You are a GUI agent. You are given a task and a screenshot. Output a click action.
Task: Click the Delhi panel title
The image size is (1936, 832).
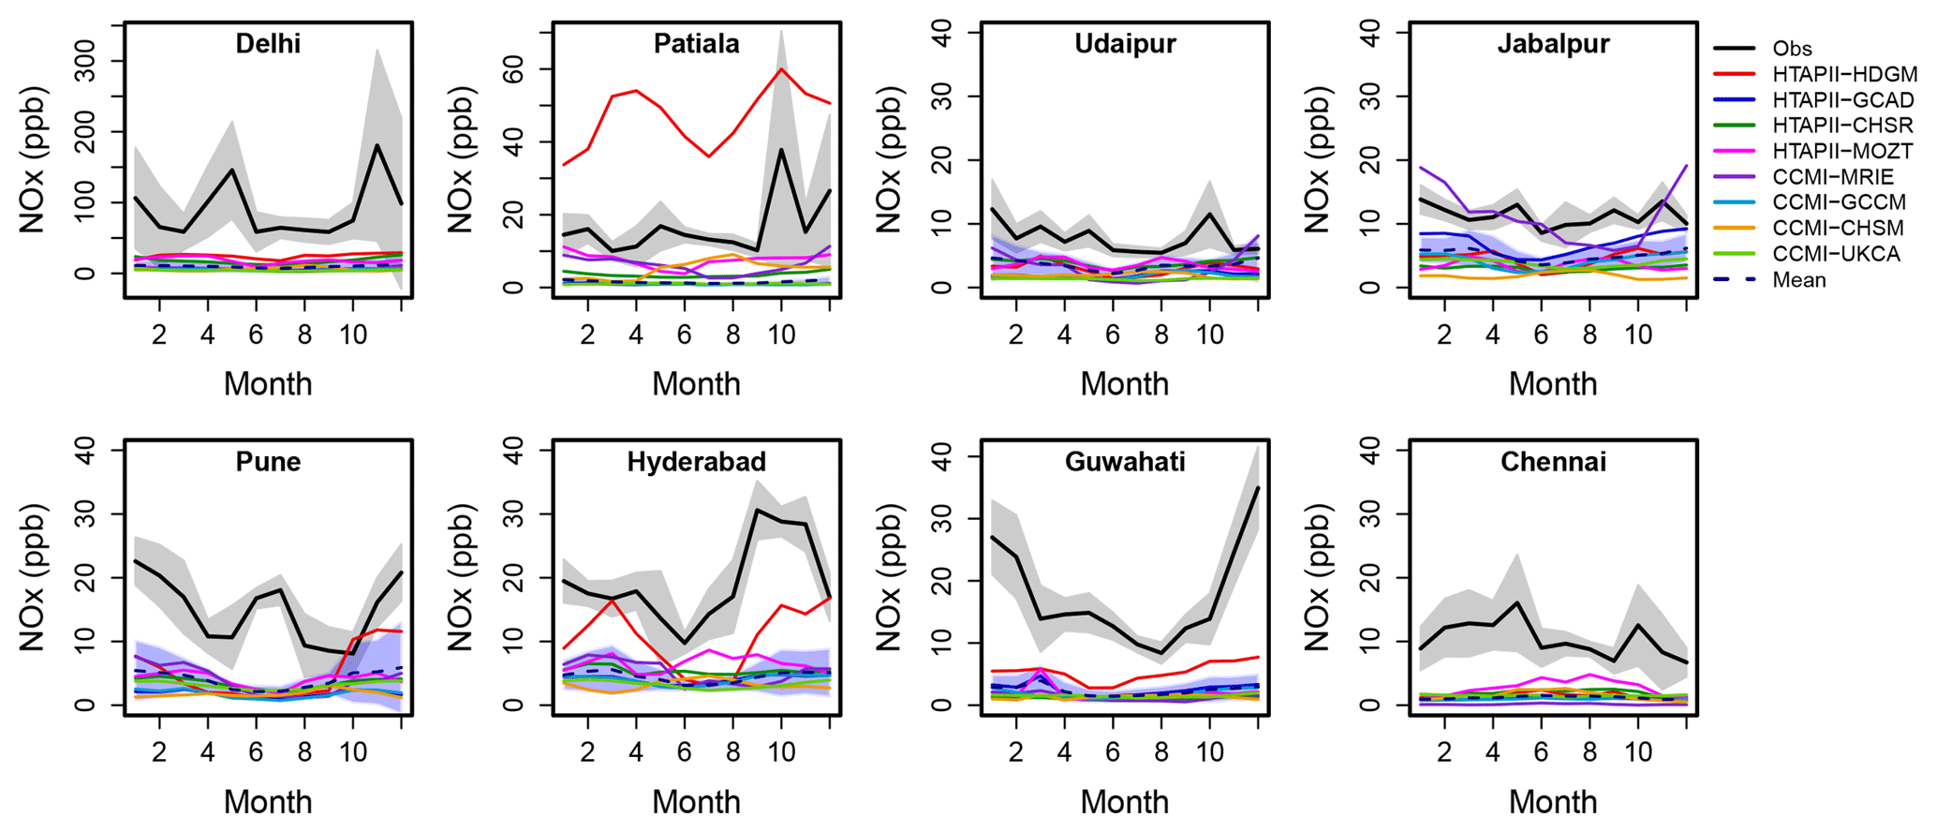pyautogui.click(x=268, y=44)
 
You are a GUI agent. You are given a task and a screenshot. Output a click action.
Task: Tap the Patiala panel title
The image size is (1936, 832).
pyautogui.click(x=696, y=44)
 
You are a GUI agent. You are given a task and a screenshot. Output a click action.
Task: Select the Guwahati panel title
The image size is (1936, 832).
pyautogui.click(x=1124, y=462)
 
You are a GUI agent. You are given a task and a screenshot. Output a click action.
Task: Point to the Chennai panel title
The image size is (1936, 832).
pyautogui.click(x=1553, y=462)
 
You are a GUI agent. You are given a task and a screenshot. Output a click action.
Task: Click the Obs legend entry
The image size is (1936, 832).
pyautogui.click(x=1792, y=49)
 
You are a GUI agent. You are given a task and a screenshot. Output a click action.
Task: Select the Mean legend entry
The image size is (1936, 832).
pyautogui.click(x=1798, y=280)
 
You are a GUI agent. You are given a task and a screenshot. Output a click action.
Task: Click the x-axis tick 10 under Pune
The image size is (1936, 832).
pyautogui.click(x=353, y=752)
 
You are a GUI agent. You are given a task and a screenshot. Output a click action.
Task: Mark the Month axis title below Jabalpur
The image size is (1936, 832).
pyautogui.click(x=1552, y=384)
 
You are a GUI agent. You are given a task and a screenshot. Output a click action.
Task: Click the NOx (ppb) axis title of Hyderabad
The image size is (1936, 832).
pyautogui.click(x=460, y=577)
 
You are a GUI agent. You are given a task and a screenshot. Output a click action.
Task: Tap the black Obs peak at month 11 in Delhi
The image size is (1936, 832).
pyautogui.click(x=377, y=145)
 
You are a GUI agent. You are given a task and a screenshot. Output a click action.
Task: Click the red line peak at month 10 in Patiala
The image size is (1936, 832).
pyautogui.click(x=781, y=68)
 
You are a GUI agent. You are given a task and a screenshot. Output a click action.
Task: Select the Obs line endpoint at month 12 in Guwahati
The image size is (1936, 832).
pyautogui.click(x=1258, y=488)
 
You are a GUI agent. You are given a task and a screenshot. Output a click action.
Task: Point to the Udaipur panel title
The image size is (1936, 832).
pyautogui.click(x=1124, y=44)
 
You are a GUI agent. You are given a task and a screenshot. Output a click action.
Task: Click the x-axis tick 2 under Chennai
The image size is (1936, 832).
pyautogui.click(x=1443, y=752)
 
